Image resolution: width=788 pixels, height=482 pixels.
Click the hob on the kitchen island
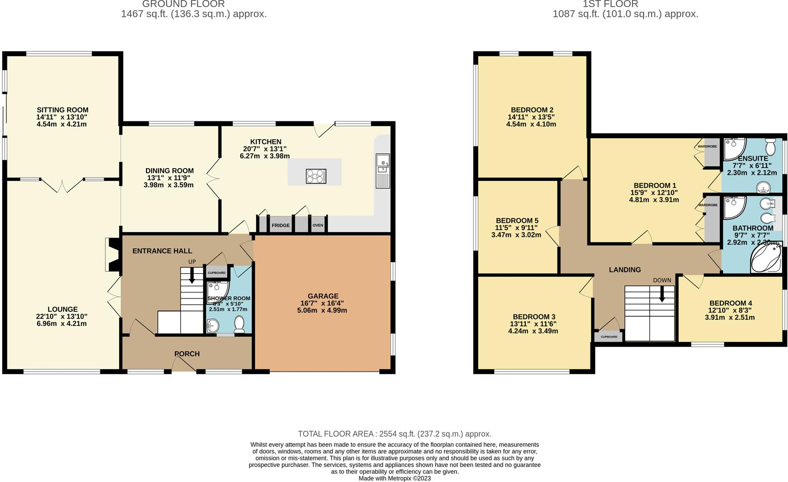pyautogui.click(x=316, y=176)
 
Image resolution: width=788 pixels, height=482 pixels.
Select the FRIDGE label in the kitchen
pyautogui.click(x=280, y=225)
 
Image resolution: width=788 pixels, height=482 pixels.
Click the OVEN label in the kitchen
pyautogui.click(x=318, y=225)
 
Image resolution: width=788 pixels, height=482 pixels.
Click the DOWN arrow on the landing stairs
pyautogui.click(x=662, y=294)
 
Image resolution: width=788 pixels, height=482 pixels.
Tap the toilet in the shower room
pyautogui.click(x=239, y=324)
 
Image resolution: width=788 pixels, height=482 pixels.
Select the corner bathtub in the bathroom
pyautogui.click(x=766, y=258)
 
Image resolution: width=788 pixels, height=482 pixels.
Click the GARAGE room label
pyautogui.click(x=323, y=296)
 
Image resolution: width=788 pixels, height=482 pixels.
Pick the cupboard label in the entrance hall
pyautogui.click(x=216, y=273)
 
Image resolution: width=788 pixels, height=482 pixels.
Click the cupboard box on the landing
pyautogui.click(x=608, y=336)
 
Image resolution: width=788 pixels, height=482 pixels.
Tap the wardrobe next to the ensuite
pyautogui.click(x=711, y=152)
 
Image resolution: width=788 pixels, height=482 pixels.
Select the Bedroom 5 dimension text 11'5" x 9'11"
pyautogui.click(x=516, y=228)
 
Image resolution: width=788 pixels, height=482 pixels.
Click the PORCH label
pyautogui.click(x=187, y=354)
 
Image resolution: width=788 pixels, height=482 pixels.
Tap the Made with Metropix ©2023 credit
pyautogui.click(x=394, y=478)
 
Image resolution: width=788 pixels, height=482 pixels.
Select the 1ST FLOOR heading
pyautogui.click(x=610, y=4)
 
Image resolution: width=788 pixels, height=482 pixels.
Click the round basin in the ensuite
pyautogui.click(x=763, y=187)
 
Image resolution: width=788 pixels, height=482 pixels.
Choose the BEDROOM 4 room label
pyautogui.click(x=731, y=303)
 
